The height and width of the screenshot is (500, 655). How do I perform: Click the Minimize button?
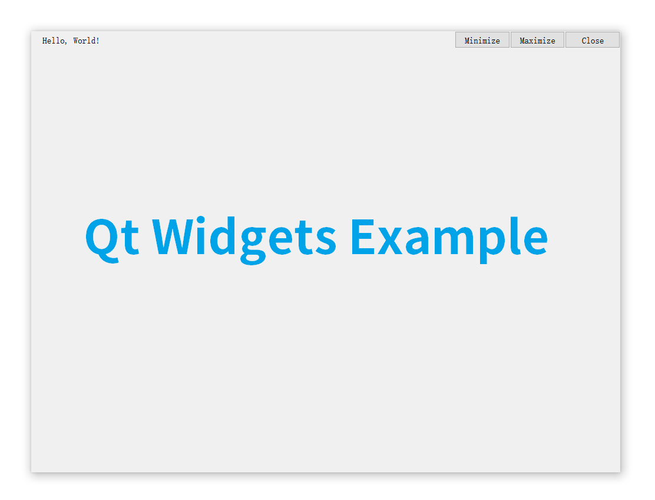[x=482, y=40]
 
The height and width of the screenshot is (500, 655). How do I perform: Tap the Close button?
[x=593, y=40]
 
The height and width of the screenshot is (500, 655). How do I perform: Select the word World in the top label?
[x=85, y=41]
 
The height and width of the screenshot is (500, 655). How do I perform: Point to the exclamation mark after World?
[x=98, y=41]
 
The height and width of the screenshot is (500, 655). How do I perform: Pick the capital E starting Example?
[x=363, y=236]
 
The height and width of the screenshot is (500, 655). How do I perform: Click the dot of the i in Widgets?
[x=200, y=220]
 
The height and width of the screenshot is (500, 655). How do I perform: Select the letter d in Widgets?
[x=223, y=236]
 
